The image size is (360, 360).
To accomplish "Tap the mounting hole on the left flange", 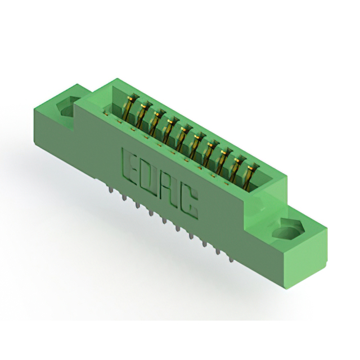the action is point(67,107).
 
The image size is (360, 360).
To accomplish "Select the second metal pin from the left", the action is point(124,196).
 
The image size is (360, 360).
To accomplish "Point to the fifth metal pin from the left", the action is point(164,220).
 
